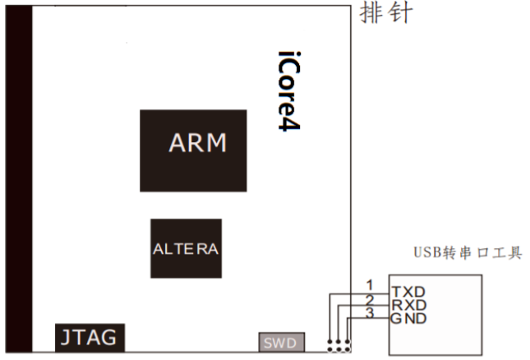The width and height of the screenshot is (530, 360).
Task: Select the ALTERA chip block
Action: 186,248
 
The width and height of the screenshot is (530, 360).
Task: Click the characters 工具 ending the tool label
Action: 511,253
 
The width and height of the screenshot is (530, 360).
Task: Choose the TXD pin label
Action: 408,292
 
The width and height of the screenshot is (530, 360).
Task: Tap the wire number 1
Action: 369,284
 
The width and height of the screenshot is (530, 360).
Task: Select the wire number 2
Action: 369,299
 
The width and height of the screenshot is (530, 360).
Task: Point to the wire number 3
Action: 369,313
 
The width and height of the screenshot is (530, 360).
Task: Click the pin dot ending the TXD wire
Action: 329,341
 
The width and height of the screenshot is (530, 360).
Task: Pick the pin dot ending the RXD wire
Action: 338,341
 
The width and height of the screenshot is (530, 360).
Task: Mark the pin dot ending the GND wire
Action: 347,341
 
